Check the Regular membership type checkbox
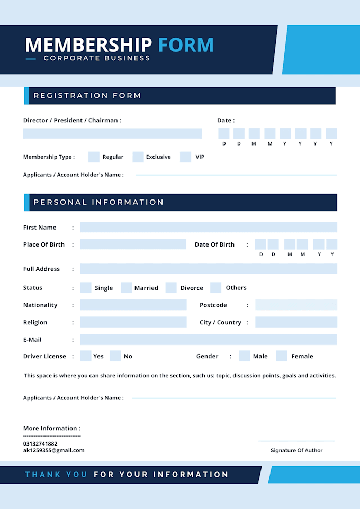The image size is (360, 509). click(x=94, y=157)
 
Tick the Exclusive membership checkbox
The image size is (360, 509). click(x=138, y=157)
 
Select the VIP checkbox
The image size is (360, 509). click(x=185, y=157)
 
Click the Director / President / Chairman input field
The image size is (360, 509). click(x=112, y=133)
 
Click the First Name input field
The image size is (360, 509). click(x=209, y=227)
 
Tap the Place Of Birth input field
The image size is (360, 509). click(x=133, y=244)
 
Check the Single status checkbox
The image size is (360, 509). click(x=86, y=288)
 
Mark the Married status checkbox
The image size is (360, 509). click(x=126, y=288)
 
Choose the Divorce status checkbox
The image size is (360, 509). click(x=170, y=288)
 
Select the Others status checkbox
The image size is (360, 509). click(x=215, y=288)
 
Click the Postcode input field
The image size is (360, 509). click(x=296, y=305)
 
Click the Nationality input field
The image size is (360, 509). click(x=133, y=305)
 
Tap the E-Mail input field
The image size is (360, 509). click(x=209, y=340)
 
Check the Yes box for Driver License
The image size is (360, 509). click(x=86, y=356)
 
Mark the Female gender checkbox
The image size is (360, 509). click(x=282, y=356)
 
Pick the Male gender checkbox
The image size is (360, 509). click(x=245, y=356)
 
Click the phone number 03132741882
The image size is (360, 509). click(x=40, y=443)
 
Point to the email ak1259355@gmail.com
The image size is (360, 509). click(x=53, y=450)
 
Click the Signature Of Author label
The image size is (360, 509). click(x=296, y=450)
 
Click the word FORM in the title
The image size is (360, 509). click(x=186, y=45)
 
